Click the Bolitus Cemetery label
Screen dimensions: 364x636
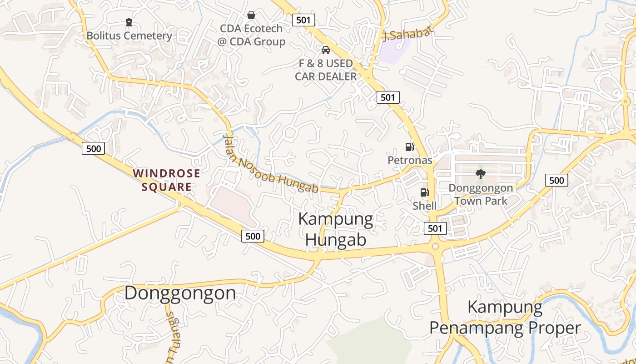point(129,35)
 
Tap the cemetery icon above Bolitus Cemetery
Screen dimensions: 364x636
point(129,22)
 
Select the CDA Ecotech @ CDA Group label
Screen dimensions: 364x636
point(251,35)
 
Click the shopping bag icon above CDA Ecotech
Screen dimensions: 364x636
point(251,15)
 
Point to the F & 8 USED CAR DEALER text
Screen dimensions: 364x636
point(326,70)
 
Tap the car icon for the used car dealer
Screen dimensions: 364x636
point(326,50)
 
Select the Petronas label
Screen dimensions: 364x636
point(409,160)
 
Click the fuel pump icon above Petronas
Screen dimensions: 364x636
point(409,147)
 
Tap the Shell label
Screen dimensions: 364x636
point(424,206)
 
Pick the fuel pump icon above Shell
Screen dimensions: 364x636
point(424,192)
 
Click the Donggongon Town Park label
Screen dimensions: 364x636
point(481,194)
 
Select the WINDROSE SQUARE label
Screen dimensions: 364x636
point(166,180)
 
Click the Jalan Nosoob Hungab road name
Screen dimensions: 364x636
point(271,164)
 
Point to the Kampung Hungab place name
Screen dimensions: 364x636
point(336,229)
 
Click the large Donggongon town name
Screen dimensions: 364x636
point(180,293)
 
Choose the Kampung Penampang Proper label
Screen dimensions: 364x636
point(505,318)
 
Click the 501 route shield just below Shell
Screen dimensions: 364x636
point(435,228)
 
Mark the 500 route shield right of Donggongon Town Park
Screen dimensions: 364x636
point(556,180)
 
